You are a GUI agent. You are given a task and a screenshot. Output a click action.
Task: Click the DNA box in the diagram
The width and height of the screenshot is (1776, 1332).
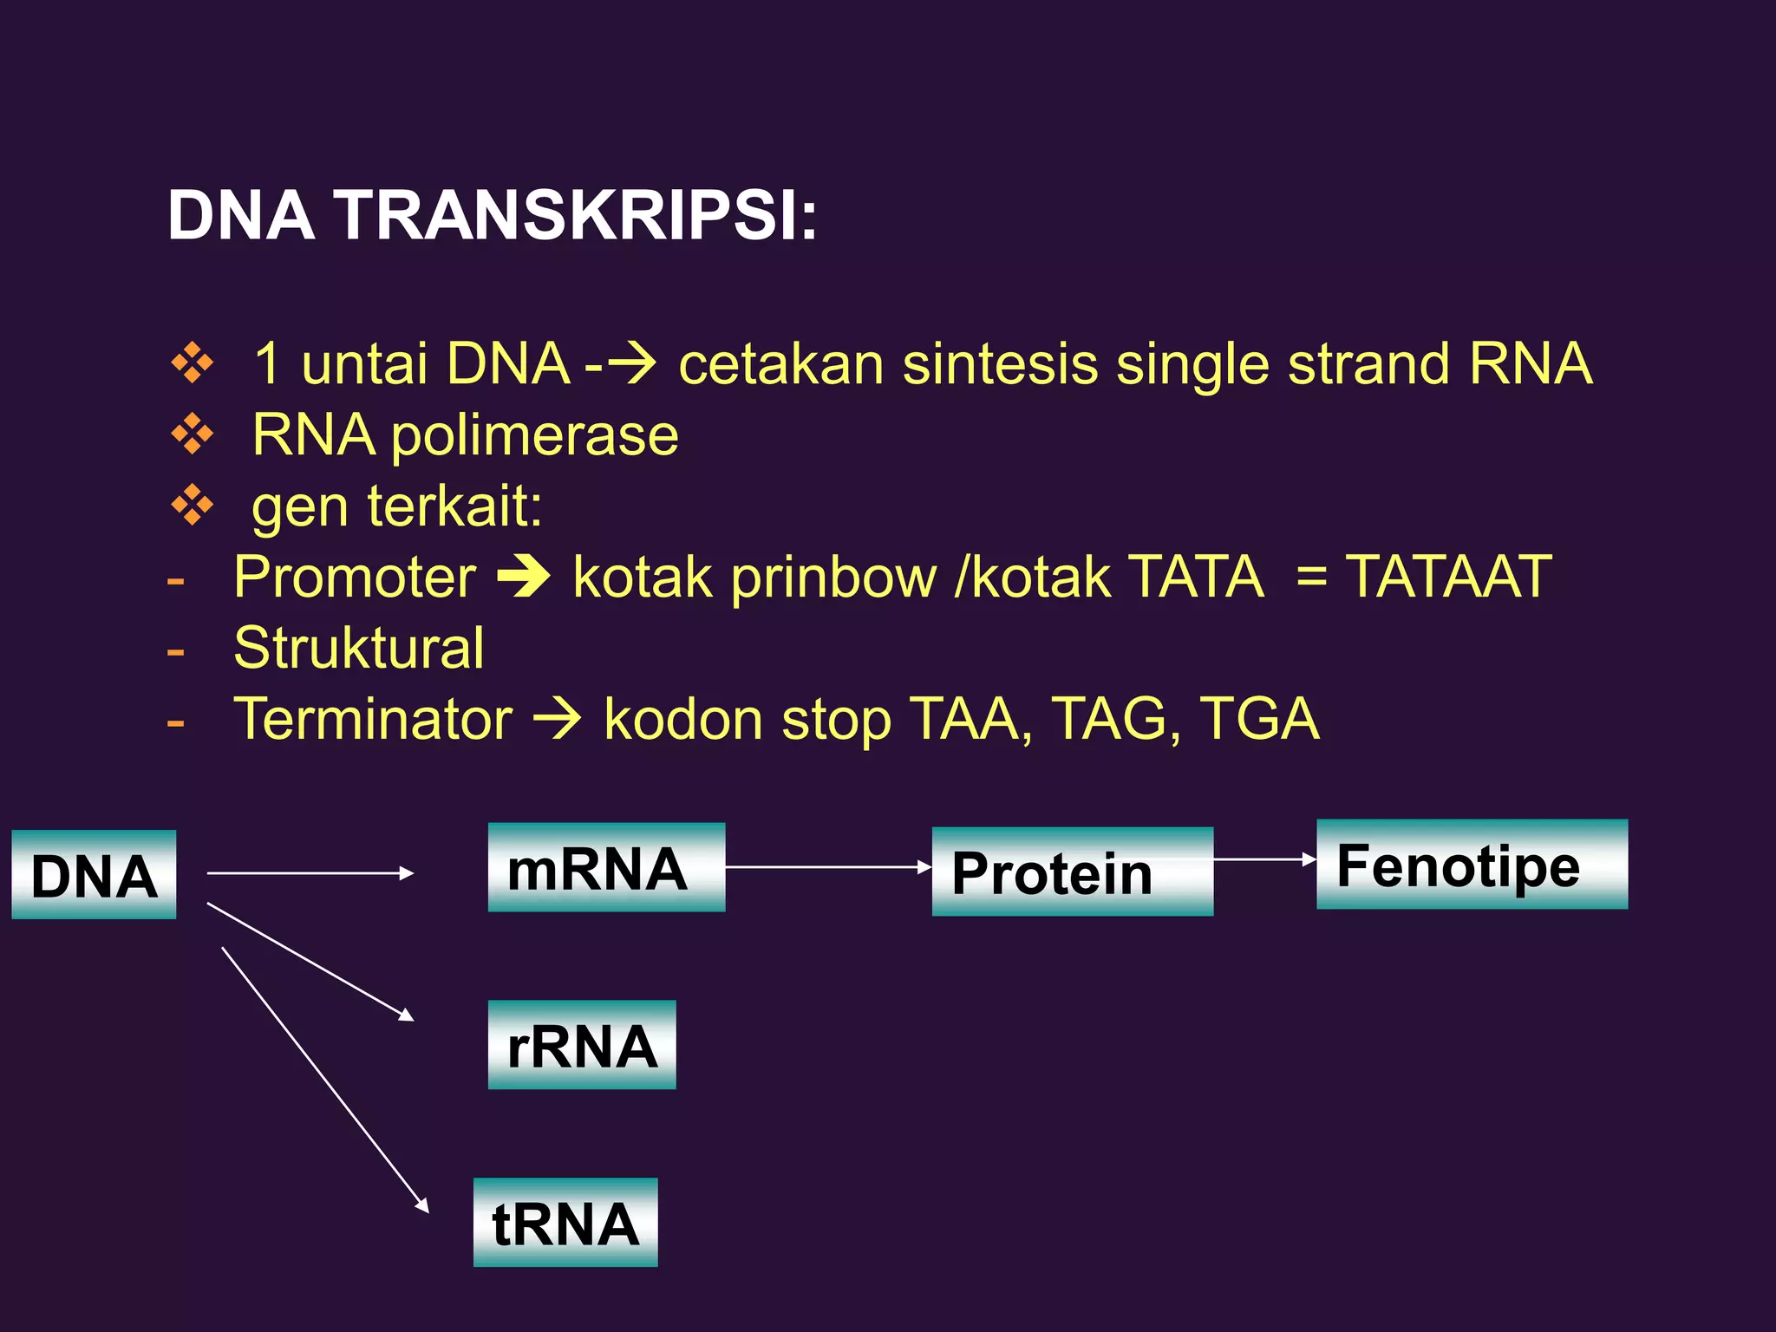[x=94, y=874]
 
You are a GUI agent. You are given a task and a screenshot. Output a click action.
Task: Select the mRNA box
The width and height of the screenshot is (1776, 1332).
[x=606, y=867]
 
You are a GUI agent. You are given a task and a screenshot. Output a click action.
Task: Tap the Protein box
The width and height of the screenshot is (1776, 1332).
[x=1072, y=872]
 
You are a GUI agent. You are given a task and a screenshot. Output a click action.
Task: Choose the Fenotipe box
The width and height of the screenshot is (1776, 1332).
[x=1472, y=865]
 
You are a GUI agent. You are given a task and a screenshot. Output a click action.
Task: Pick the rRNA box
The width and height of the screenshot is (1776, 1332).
[x=582, y=1045]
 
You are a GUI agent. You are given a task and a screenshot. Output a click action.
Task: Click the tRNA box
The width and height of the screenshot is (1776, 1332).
[x=565, y=1223]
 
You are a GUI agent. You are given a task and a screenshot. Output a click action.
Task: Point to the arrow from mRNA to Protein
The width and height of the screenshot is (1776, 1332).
[x=827, y=866]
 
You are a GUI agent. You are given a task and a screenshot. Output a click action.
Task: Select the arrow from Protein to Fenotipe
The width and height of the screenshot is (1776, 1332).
[x=1264, y=859]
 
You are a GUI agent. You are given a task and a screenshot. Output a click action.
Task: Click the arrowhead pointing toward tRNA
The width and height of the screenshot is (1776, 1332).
[x=422, y=1205]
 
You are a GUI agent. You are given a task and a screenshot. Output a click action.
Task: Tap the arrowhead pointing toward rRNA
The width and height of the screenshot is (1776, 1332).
[x=406, y=1015]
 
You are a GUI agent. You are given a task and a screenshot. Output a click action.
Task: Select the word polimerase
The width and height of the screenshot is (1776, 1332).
[x=534, y=434]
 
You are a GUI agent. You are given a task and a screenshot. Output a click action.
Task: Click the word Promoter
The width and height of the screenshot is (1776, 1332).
[x=355, y=577]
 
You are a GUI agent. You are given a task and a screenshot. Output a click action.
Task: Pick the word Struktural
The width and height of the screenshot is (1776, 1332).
[x=358, y=648]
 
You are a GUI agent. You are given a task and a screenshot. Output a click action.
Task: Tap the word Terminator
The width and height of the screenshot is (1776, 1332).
[x=373, y=719]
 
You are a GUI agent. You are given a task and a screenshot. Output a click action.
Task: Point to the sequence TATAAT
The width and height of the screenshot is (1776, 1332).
[x=1448, y=577]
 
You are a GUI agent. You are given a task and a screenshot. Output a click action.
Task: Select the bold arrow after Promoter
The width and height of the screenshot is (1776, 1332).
[x=524, y=577]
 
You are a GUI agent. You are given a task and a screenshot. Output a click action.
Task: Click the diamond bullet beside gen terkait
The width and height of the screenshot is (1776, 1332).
[x=192, y=506]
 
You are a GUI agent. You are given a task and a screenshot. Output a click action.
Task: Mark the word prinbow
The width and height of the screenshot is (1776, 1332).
[x=833, y=578]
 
